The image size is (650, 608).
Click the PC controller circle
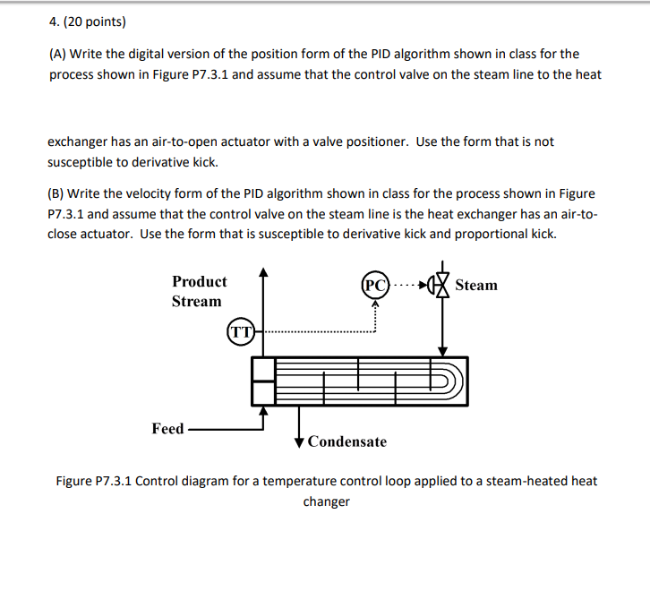[x=376, y=286]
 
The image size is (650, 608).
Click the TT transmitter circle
[x=240, y=332]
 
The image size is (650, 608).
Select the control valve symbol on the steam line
[x=440, y=286]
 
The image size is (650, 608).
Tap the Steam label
[x=475, y=286]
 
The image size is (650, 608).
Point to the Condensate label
[x=346, y=441]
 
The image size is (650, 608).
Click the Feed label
[x=167, y=429]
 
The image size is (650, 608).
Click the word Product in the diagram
[x=199, y=281]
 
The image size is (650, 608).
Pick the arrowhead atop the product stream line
[x=262, y=271]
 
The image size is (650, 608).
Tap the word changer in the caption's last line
[x=326, y=501]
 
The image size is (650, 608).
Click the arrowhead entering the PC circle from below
[x=376, y=304]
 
